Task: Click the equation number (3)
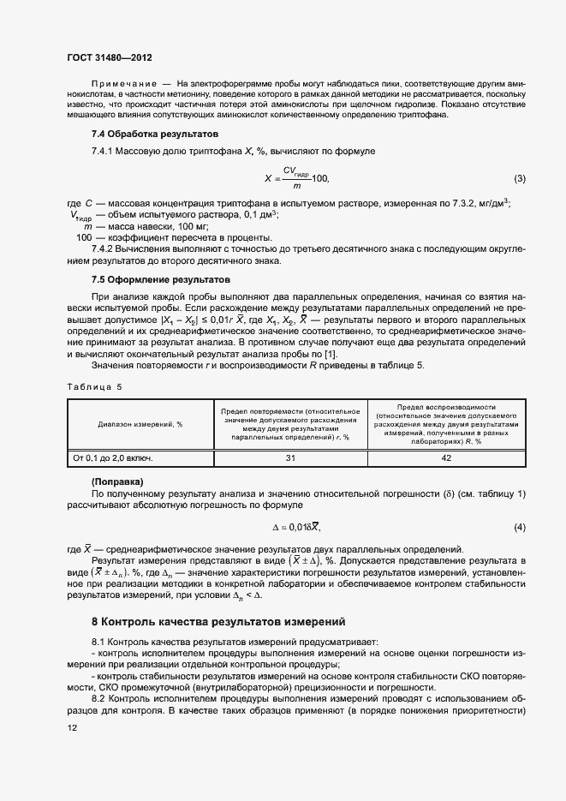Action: tap(519, 178)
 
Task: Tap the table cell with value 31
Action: tap(290, 458)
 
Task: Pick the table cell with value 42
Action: tap(445, 458)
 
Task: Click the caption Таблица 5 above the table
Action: tap(94, 386)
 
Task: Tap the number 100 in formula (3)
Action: tap(319, 178)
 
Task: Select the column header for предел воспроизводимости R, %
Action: tap(445, 424)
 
